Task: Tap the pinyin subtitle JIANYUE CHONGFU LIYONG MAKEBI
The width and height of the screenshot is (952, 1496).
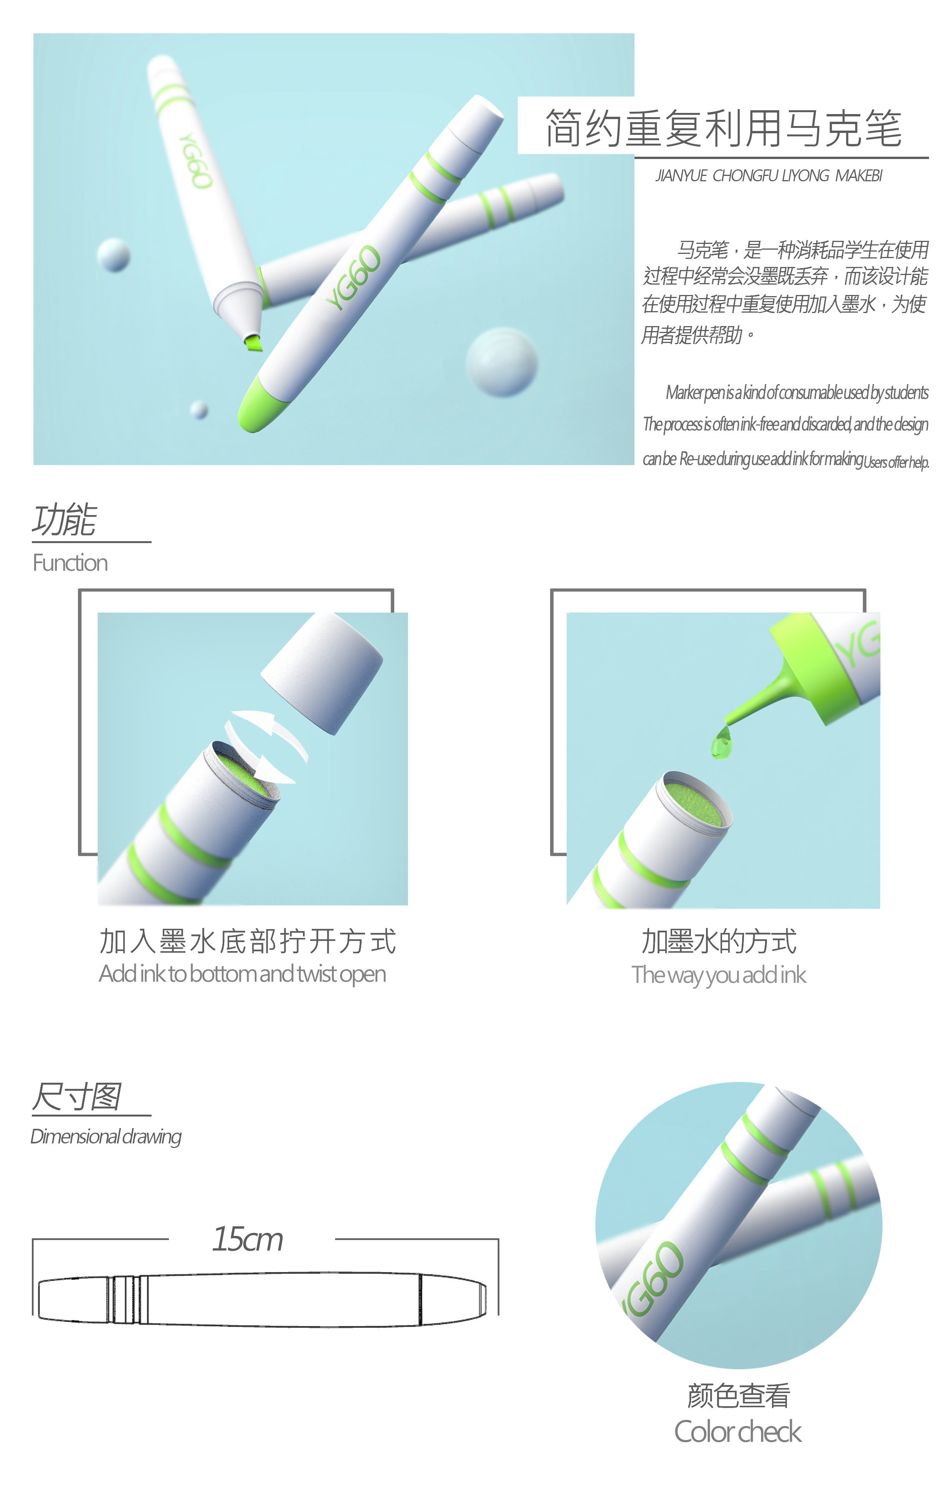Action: coord(769,176)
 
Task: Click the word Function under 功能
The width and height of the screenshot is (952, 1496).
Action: coord(70,562)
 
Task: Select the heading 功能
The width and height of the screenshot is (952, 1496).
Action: coord(64,519)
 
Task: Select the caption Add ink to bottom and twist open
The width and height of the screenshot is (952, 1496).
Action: coord(242,974)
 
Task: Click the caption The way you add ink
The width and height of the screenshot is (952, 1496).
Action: coord(719,975)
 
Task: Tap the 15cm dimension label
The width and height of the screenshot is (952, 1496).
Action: coord(247,1239)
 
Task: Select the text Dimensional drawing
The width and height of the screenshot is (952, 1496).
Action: coord(106,1136)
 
